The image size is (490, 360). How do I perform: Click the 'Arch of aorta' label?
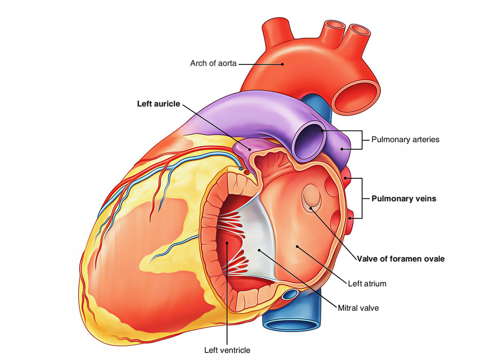tap(213, 63)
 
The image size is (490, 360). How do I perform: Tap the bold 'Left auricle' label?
tap(159, 104)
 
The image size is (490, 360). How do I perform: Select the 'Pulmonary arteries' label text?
tap(405, 139)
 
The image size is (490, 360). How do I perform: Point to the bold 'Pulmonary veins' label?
tap(404, 198)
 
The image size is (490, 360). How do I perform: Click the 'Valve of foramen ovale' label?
tap(401, 259)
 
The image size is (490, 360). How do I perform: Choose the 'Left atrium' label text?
tap(367, 283)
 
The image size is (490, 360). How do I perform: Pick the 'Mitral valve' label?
tap(358, 308)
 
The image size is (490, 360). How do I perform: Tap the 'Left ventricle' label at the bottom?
tap(227, 350)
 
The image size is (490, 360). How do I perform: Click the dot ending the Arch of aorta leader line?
tap(282, 64)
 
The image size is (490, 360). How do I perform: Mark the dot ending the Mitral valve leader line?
tap(259, 250)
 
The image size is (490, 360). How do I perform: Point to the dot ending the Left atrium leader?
tap(297, 247)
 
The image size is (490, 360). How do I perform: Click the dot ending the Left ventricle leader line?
tap(227, 243)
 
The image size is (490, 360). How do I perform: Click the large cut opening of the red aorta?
tap(356, 97)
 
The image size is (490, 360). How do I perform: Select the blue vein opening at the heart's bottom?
tap(291, 325)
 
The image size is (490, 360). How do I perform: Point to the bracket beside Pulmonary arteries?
tap(357, 140)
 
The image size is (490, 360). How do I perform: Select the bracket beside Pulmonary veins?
tap(357, 198)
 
